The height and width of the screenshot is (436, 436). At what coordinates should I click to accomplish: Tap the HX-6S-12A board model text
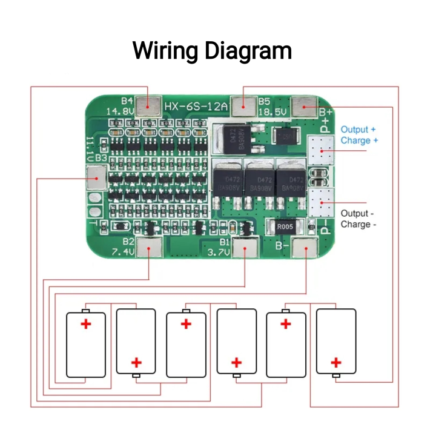195,107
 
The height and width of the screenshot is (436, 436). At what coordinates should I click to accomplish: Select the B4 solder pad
148,106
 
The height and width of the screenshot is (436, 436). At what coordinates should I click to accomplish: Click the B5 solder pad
245,106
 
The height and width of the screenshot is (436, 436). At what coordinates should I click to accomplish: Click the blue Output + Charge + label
359,135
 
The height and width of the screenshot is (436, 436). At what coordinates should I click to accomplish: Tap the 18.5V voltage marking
272,113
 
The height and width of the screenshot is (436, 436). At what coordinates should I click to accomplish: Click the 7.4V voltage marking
122,252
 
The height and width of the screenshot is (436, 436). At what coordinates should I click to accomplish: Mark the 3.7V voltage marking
219,252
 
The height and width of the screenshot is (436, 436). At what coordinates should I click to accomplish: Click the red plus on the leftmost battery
86,324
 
